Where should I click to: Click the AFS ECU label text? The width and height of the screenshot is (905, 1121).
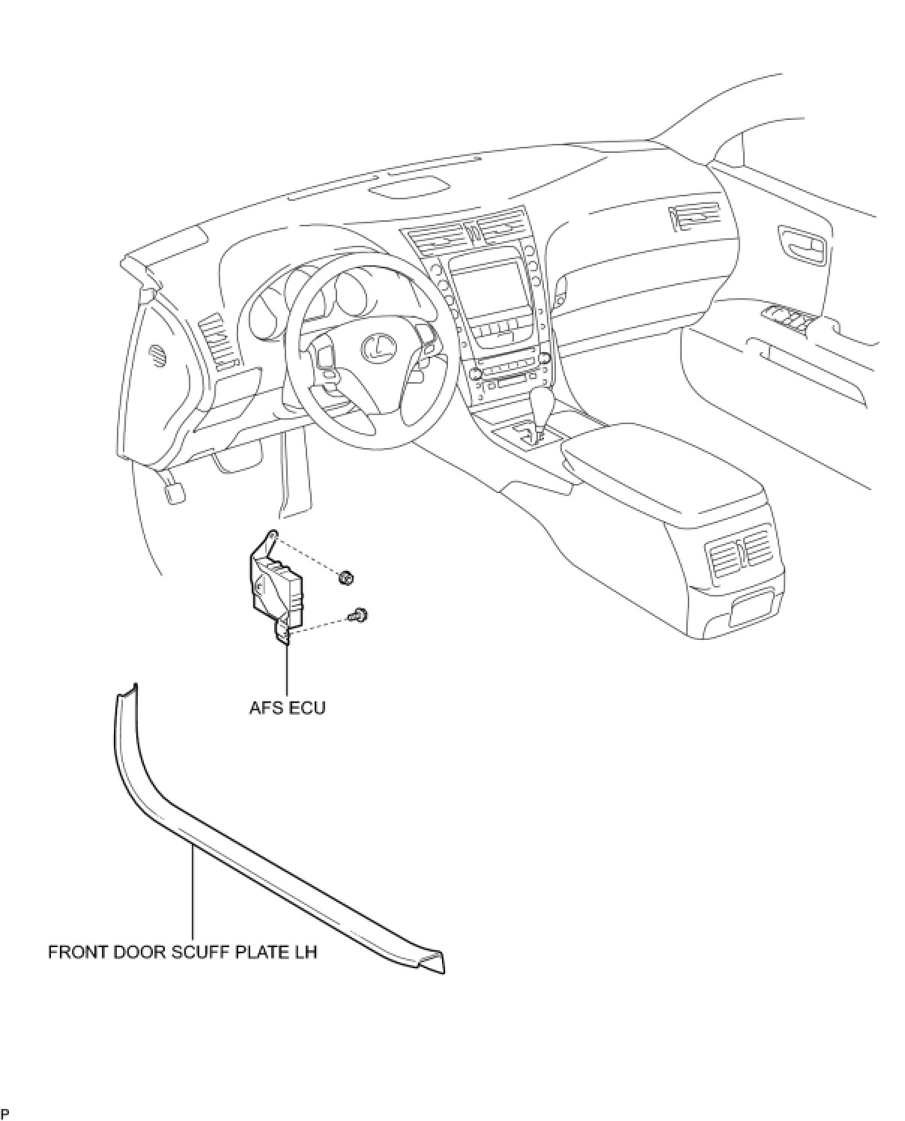(x=287, y=707)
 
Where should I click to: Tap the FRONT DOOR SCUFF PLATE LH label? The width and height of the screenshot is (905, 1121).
(x=183, y=952)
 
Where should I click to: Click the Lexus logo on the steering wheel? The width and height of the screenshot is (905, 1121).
(x=377, y=346)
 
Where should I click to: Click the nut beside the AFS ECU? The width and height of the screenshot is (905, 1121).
(x=345, y=578)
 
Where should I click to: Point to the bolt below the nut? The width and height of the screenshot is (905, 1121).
(x=360, y=615)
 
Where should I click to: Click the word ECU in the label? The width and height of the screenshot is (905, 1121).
(x=309, y=707)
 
